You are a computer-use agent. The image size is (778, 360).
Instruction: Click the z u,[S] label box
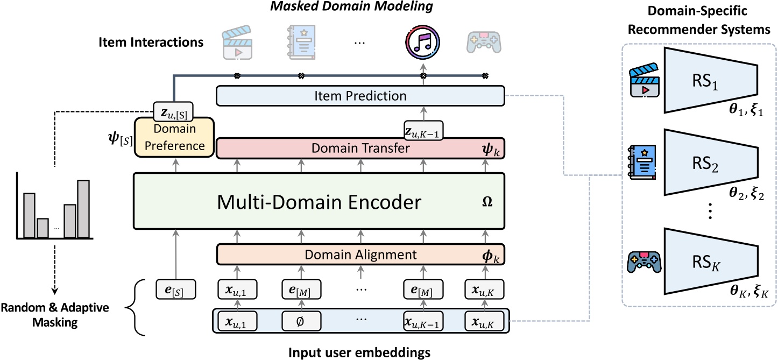[x=173, y=110]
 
